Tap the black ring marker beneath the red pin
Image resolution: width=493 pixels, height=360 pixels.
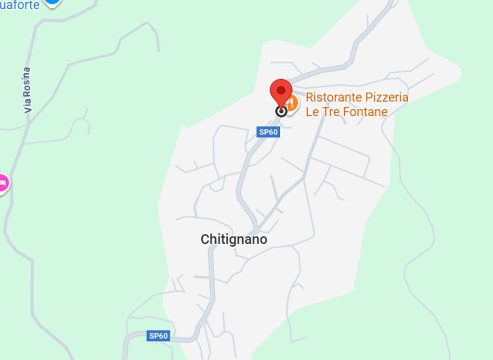coord(281,112)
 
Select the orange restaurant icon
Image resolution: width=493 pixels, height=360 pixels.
coord(291,102)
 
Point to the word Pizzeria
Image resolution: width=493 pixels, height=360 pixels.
coord(386,97)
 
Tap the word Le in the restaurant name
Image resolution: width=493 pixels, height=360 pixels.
coord(311,112)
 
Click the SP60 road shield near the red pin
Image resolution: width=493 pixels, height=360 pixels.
coord(268,132)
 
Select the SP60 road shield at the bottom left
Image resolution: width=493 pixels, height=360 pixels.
coord(158,336)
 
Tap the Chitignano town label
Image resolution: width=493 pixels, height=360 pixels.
coord(234,240)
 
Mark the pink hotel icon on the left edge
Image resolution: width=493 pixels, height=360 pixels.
coord(2,184)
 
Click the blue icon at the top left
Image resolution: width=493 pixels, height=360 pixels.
coord(52,2)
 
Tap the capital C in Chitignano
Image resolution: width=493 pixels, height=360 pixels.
coord(205,240)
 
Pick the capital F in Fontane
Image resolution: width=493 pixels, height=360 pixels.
coord(347,112)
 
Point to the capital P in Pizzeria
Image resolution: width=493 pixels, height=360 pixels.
coord(368,97)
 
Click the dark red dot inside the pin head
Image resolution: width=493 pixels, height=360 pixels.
coord(281,90)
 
